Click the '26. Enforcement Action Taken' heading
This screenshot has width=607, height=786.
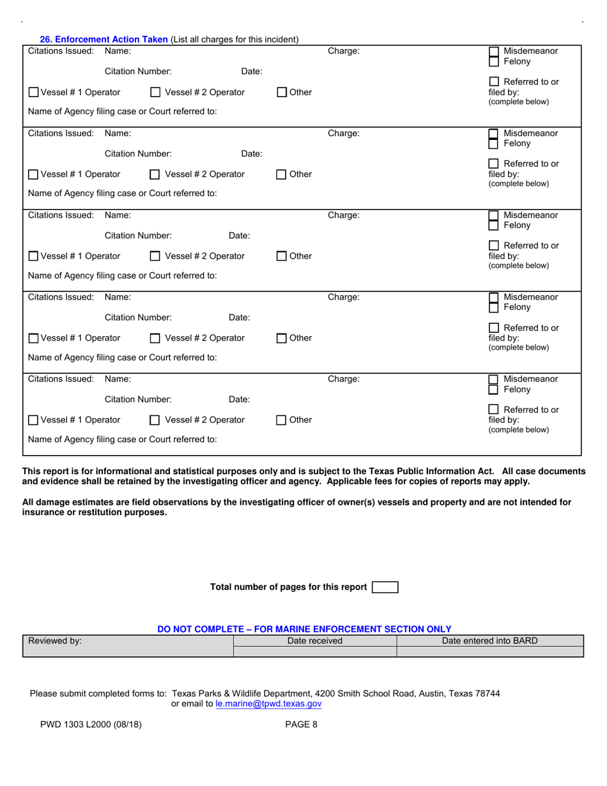coord(104,39)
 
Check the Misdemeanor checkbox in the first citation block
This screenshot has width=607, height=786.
coord(494,52)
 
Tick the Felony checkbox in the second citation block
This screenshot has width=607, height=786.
coord(494,144)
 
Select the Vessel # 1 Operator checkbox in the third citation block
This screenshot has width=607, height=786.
coord(34,256)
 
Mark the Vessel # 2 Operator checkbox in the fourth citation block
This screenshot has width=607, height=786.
coord(155,338)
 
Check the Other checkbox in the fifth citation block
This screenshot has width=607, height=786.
coord(282,420)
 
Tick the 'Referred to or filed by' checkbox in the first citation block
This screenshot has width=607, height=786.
coord(494,82)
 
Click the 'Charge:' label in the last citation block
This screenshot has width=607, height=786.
coord(343,379)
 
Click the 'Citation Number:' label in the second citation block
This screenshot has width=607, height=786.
coord(138,153)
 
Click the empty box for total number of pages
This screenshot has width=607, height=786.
coord(385,587)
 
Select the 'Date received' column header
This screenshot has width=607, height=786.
coord(315,641)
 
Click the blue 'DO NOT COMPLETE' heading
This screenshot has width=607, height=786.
coord(304,629)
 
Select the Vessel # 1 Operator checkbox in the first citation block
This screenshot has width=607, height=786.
coord(34,92)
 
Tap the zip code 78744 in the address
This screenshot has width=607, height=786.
coord(487,693)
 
